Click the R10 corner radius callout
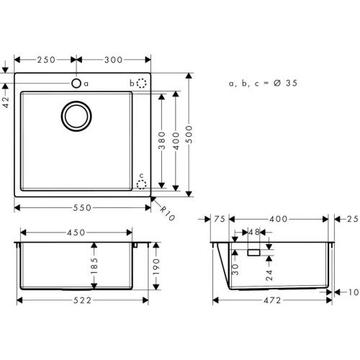168,212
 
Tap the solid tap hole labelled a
76,84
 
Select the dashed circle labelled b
142,84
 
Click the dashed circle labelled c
142,184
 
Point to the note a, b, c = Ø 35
263,84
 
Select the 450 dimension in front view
76,233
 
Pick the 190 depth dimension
156,268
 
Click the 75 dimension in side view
220,219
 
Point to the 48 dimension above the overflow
253,233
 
